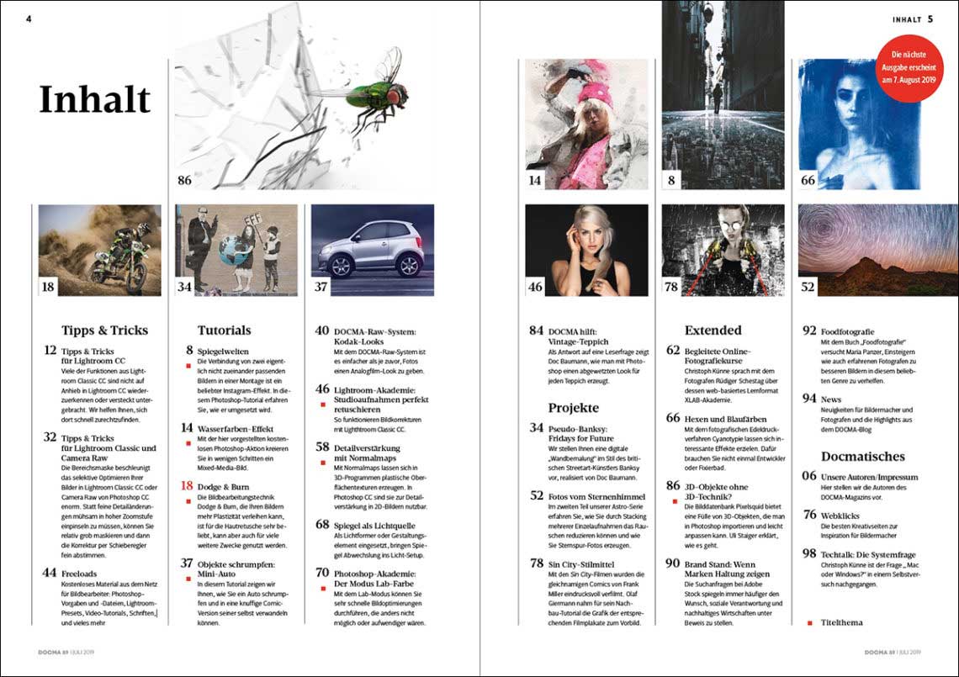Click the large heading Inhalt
coord(94,100)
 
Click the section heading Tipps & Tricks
coord(104,331)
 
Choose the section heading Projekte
coord(573,408)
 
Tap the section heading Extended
coord(713,331)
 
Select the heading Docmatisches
coord(863,457)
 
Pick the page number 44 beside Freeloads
coord(49,573)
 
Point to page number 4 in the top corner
coord(29,19)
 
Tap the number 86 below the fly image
coord(186,180)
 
